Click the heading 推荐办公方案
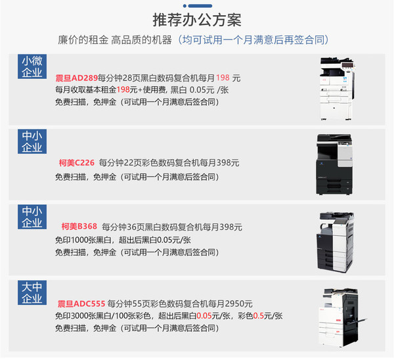coord(196,18)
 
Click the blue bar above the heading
coord(196,3)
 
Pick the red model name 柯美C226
coord(77,162)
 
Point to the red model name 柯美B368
coord(79,227)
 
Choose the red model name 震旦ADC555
coord(80,304)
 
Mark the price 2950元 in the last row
coord(238,304)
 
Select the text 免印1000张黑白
coord(84,239)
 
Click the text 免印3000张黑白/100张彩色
coord(104,316)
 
